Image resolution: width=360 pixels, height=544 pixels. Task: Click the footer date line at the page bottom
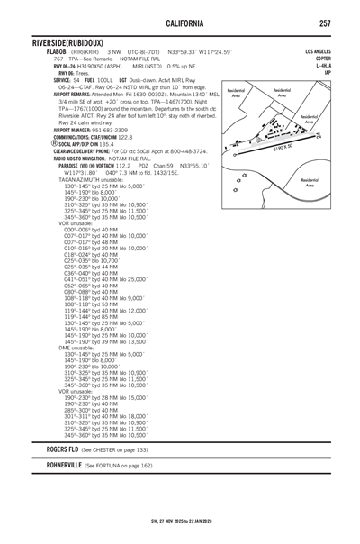click(x=180, y=521)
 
